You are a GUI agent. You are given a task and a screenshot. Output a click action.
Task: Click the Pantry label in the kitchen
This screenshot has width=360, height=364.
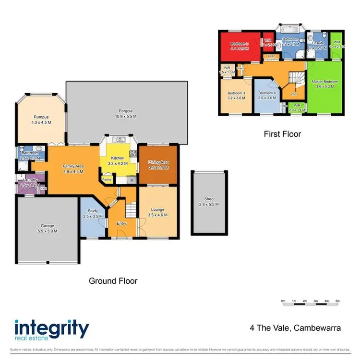[x=106, y=181]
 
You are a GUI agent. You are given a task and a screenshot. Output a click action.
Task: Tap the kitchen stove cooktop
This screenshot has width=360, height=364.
[x=133, y=154]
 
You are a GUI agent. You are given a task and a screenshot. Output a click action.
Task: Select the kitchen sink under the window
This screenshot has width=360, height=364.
[x=119, y=140]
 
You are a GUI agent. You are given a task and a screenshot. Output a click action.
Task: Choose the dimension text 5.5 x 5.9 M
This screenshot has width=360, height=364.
[x=47, y=231]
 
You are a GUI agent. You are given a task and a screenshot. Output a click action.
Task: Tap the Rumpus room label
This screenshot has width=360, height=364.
[x=41, y=117]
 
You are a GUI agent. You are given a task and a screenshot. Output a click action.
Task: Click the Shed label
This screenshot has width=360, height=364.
[x=208, y=199]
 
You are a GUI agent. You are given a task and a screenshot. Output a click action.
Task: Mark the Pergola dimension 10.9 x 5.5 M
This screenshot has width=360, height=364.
[x=125, y=116]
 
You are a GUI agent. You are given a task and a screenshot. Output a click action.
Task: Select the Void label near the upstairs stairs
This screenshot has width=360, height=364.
[x=293, y=94]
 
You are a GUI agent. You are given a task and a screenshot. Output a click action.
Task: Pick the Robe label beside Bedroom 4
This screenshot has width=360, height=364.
[x=284, y=105]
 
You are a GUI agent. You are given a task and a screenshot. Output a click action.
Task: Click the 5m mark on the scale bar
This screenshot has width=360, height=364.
[x=337, y=301]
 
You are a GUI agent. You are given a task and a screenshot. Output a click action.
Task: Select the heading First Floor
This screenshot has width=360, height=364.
[x=282, y=134]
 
